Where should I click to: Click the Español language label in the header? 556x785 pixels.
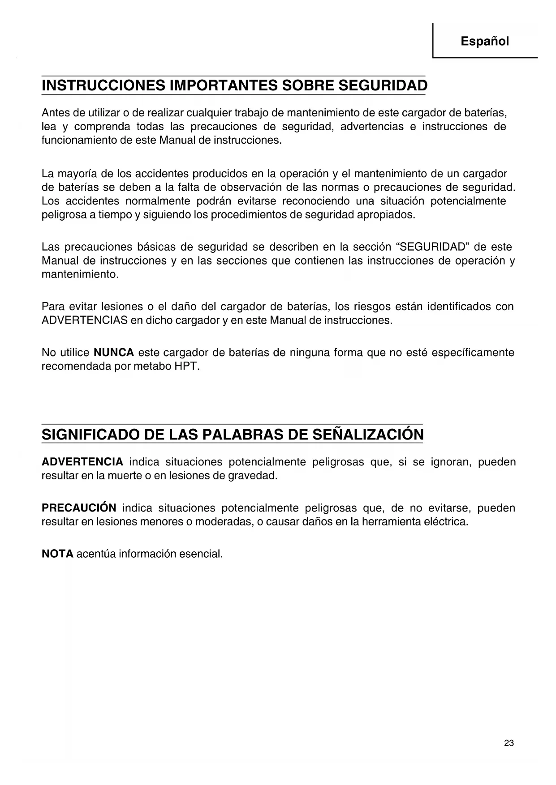[485, 42]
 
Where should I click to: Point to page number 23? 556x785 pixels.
[509, 743]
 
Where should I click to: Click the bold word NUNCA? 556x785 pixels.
[114, 353]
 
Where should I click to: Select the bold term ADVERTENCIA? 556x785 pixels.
[82, 462]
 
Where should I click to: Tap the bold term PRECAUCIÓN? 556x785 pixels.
[79, 508]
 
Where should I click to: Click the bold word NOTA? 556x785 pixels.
[57, 554]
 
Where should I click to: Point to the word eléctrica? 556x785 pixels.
[445, 522]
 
